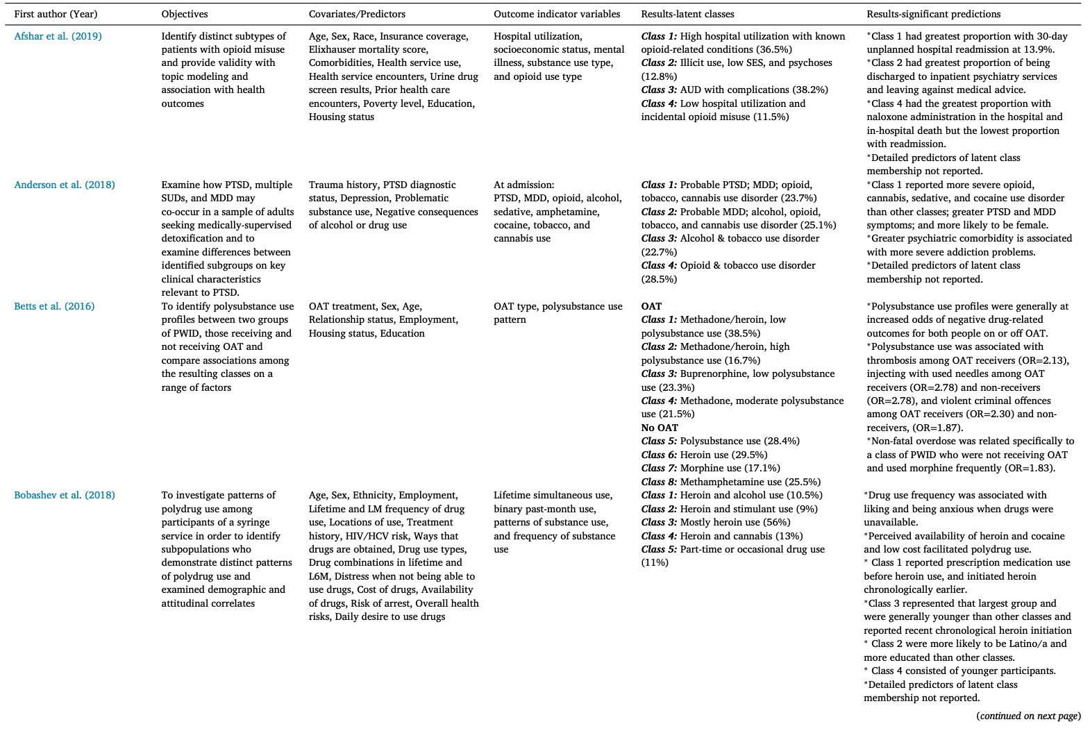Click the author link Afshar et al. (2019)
click(x=58, y=36)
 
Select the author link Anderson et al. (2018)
click(x=65, y=185)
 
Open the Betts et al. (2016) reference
click(x=54, y=306)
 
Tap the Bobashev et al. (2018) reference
click(x=65, y=495)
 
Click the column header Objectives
click(x=185, y=14)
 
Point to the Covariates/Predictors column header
click(x=357, y=14)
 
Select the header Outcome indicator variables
click(x=557, y=14)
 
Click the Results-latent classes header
click(x=687, y=14)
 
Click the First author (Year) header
click(x=56, y=14)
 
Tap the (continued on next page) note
click(x=1028, y=716)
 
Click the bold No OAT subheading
click(x=660, y=428)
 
